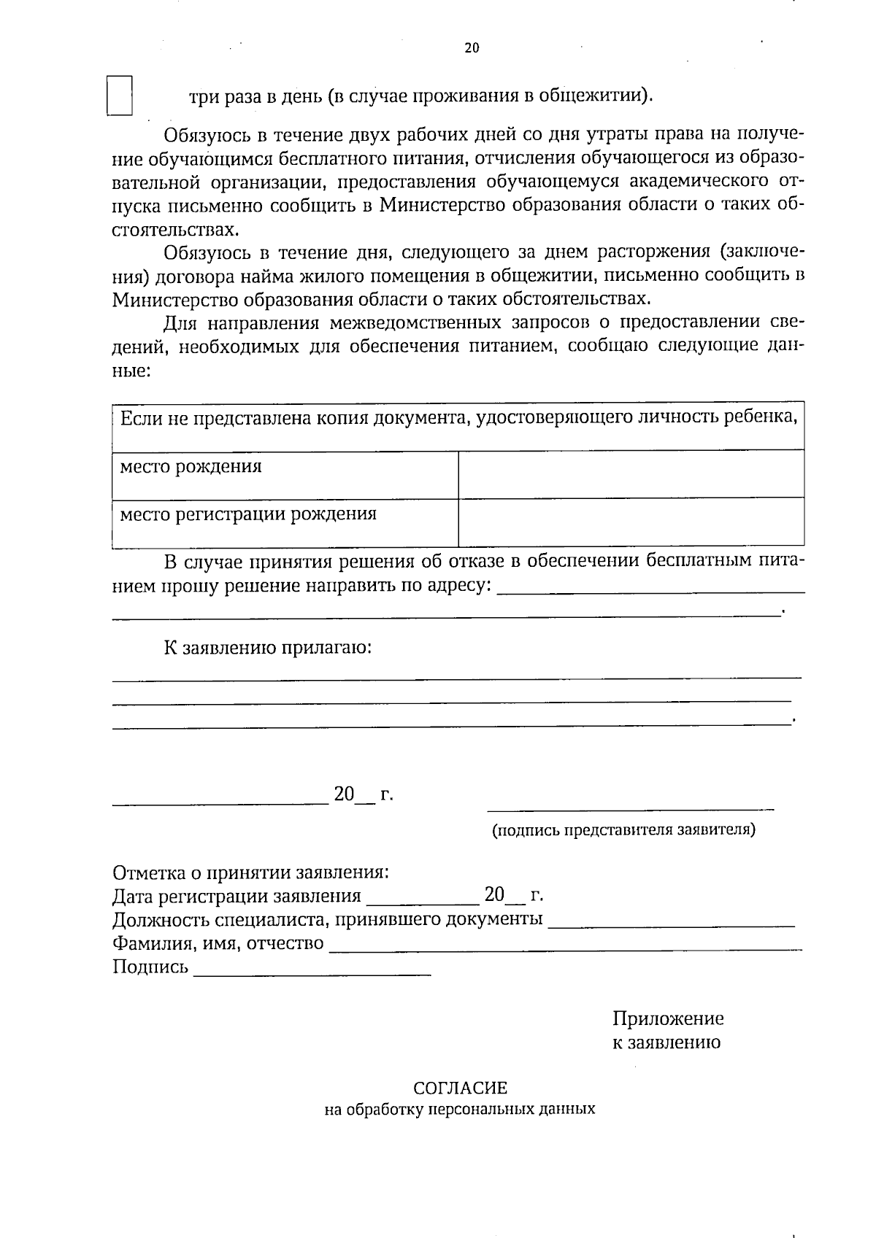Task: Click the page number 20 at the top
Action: pyautogui.click(x=472, y=48)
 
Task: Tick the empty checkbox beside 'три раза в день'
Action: pyautogui.click(x=120, y=96)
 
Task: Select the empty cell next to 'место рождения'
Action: pyautogui.click(x=631, y=474)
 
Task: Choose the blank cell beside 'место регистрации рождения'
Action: pyautogui.click(x=631, y=522)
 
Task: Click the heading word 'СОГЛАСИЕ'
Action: pyautogui.click(x=460, y=1088)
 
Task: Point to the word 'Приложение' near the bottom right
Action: pyautogui.click(x=668, y=1018)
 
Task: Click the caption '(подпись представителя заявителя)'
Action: pyautogui.click(x=624, y=830)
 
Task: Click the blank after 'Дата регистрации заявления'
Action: pyautogui.click(x=422, y=902)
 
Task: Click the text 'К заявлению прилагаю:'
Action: pyautogui.click(x=267, y=648)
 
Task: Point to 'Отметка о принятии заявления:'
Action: pyautogui.click(x=250, y=873)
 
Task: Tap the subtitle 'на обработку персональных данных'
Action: pyautogui.click(x=460, y=1110)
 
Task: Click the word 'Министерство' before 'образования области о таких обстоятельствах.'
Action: pyautogui.click(x=175, y=299)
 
